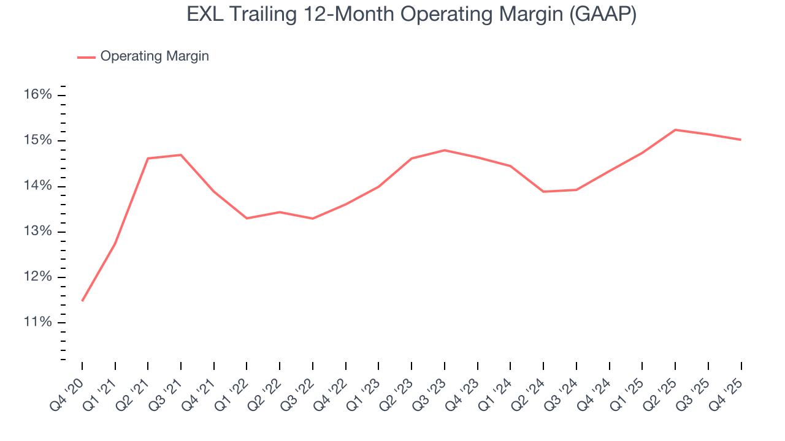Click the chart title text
coord(411,15)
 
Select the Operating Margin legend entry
coord(154,56)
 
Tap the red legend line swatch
coord(86,57)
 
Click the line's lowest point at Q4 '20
coord(82,301)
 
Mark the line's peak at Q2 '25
coord(675,130)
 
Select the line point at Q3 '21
coord(181,155)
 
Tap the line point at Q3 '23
coord(445,150)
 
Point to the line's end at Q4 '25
coord(741,140)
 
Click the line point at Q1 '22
coord(247,218)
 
